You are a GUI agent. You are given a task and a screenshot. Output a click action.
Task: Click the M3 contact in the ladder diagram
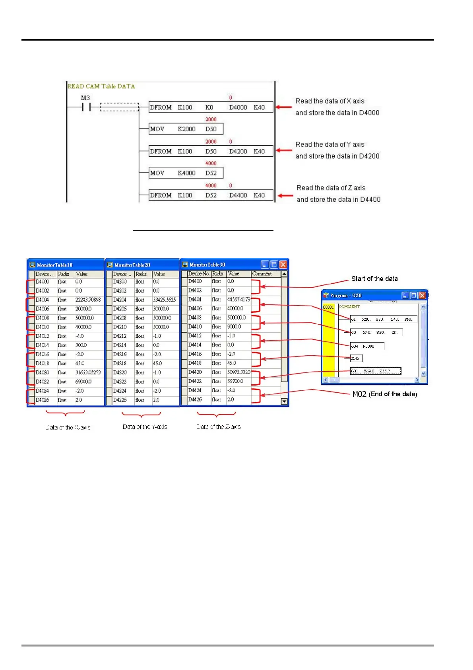tap(86, 107)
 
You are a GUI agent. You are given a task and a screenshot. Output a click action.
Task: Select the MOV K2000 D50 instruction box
tap(186, 129)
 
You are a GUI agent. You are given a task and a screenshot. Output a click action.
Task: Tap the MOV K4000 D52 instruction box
tap(186, 173)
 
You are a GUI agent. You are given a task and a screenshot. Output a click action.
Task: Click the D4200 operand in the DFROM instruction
tap(238, 151)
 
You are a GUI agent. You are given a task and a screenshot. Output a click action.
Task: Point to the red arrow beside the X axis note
tap(283, 107)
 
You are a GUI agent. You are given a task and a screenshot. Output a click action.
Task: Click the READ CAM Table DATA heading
tap(101, 86)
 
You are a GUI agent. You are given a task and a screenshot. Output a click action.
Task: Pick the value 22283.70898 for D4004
tap(88, 300)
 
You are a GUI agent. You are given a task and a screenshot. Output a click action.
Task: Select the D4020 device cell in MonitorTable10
tap(43, 372)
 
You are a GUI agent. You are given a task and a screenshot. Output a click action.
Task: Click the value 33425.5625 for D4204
tap(164, 300)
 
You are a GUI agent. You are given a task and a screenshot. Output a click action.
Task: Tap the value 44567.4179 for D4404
tap(238, 299)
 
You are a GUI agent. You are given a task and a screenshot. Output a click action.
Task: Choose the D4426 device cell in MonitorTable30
tap(195, 399)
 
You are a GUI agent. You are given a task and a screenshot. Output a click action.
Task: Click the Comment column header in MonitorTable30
tap(262, 274)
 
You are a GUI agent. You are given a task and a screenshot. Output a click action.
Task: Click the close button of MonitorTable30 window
tap(283, 265)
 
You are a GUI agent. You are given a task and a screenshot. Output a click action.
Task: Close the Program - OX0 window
tap(422, 295)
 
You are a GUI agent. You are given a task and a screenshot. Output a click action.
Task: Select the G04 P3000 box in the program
tap(367, 346)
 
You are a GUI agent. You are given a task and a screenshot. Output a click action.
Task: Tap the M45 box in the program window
tap(356, 358)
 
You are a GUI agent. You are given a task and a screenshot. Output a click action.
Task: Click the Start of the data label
tap(374, 279)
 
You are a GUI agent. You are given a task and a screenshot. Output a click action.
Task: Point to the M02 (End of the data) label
tap(385, 394)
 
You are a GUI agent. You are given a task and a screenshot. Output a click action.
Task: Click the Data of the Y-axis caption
tap(145, 427)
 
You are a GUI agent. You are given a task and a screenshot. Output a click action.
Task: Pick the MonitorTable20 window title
tap(132, 265)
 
